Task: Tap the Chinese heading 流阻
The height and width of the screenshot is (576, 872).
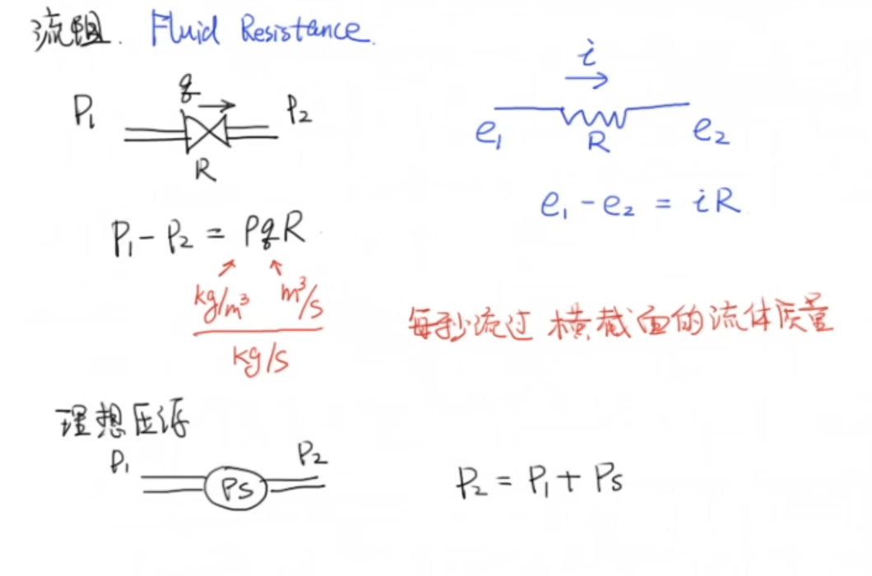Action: point(70,34)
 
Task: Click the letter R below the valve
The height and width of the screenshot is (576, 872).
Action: point(205,170)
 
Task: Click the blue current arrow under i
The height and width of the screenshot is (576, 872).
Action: point(586,80)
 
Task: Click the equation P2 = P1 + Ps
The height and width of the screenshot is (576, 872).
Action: point(539,480)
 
